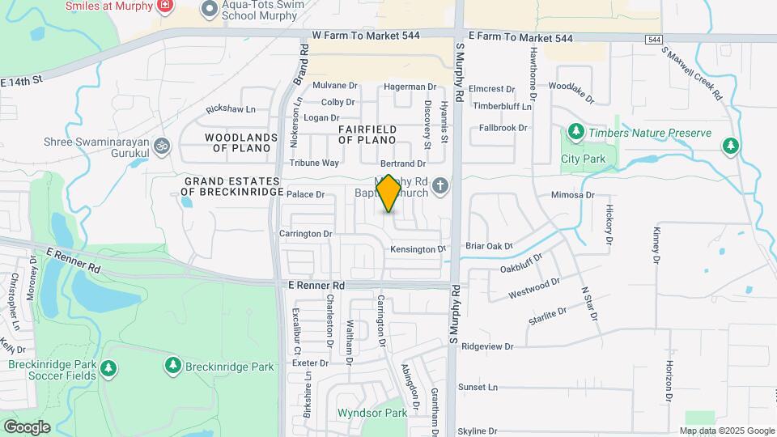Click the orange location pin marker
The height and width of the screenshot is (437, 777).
[388, 193]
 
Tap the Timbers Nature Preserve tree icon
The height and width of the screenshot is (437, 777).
[575, 131]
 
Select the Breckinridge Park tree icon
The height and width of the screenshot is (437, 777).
[172, 366]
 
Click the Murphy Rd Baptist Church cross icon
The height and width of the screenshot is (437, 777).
[440, 187]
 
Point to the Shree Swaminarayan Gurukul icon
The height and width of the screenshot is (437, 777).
[161, 146]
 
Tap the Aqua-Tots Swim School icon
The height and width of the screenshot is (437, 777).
[210, 9]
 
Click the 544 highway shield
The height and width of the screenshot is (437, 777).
[653, 40]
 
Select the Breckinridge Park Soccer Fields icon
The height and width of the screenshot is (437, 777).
[108, 370]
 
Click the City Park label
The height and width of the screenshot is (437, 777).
[583, 159]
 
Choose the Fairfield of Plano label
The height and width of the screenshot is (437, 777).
[367, 134]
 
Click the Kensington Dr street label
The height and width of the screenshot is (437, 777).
[418, 249]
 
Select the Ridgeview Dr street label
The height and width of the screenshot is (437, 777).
[487, 346]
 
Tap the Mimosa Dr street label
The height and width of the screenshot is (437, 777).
[572, 195]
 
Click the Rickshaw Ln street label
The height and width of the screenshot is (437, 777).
[231, 109]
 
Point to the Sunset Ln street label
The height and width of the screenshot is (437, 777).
[478, 388]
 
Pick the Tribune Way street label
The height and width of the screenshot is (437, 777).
[314, 163]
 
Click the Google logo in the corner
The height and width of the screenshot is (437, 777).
[27, 427]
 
